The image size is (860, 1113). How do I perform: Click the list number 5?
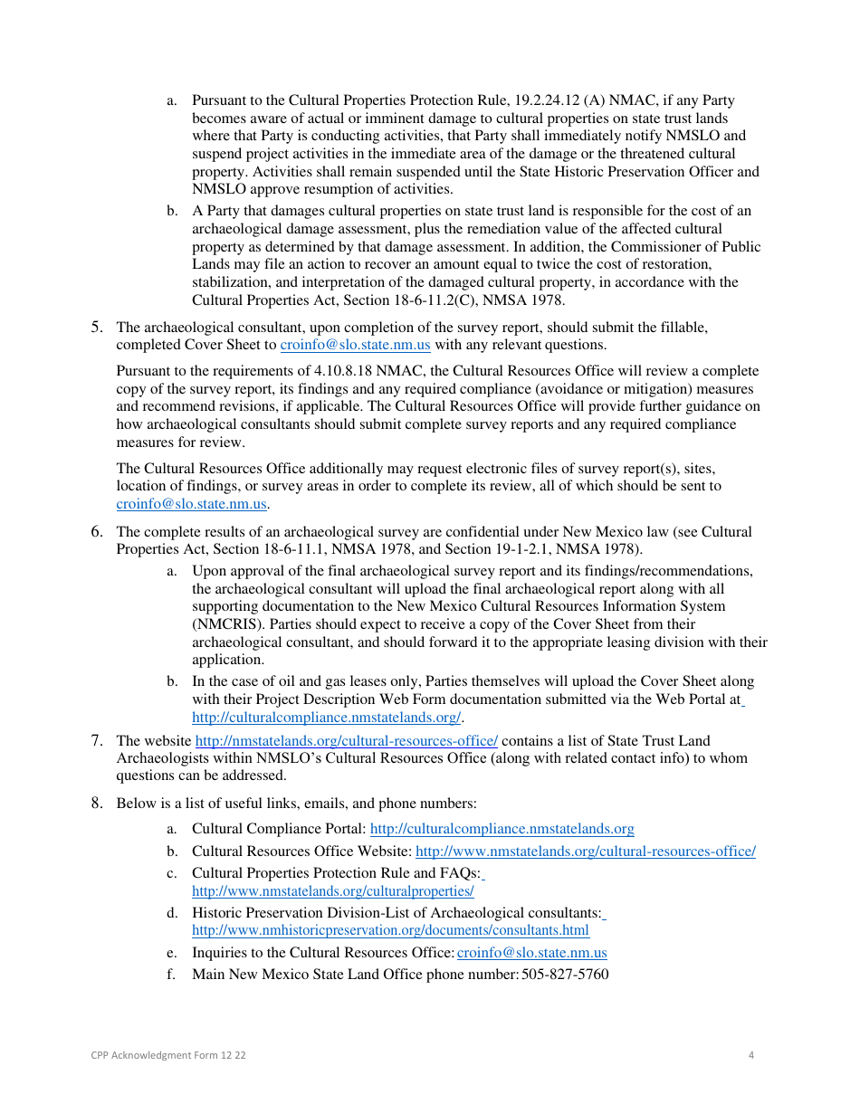click(x=96, y=328)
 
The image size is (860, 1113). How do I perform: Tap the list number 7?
click(x=96, y=741)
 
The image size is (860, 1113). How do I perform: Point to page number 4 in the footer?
click(x=751, y=1055)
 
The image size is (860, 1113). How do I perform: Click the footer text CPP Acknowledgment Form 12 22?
click(x=168, y=1055)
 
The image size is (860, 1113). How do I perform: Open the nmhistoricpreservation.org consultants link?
click(x=390, y=931)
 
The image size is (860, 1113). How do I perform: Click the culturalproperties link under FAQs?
click(x=332, y=891)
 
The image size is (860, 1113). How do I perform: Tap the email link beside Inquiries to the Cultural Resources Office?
click(x=531, y=953)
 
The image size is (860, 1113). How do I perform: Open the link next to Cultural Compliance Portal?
click(x=502, y=829)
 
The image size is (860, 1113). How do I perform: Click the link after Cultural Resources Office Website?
click(x=585, y=851)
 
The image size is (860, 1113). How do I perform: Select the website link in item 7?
click(x=347, y=741)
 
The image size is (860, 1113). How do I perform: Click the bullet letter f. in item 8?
click(x=172, y=975)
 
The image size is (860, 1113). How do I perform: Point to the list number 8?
click(x=96, y=803)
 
